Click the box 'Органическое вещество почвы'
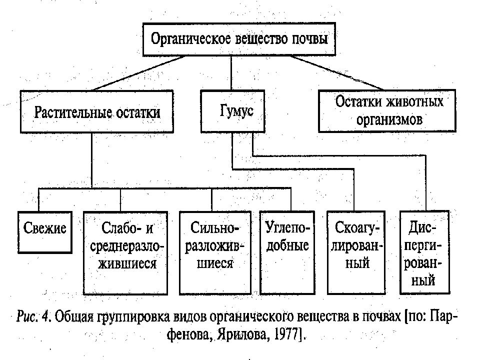(239, 39)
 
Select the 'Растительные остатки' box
(96, 111)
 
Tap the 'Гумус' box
(232, 111)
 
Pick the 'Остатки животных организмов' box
(387, 111)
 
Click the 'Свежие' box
(44, 232)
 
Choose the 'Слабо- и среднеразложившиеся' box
(125, 253)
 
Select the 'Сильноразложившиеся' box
(215, 253)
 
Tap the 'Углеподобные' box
(287, 252)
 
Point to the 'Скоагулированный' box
(356, 252)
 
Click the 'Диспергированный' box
(424, 252)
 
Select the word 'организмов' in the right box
(389, 120)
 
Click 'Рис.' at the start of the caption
(27, 316)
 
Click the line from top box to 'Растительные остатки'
(139, 73)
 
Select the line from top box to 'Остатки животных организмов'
(337, 73)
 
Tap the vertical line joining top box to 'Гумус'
(231, 73)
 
